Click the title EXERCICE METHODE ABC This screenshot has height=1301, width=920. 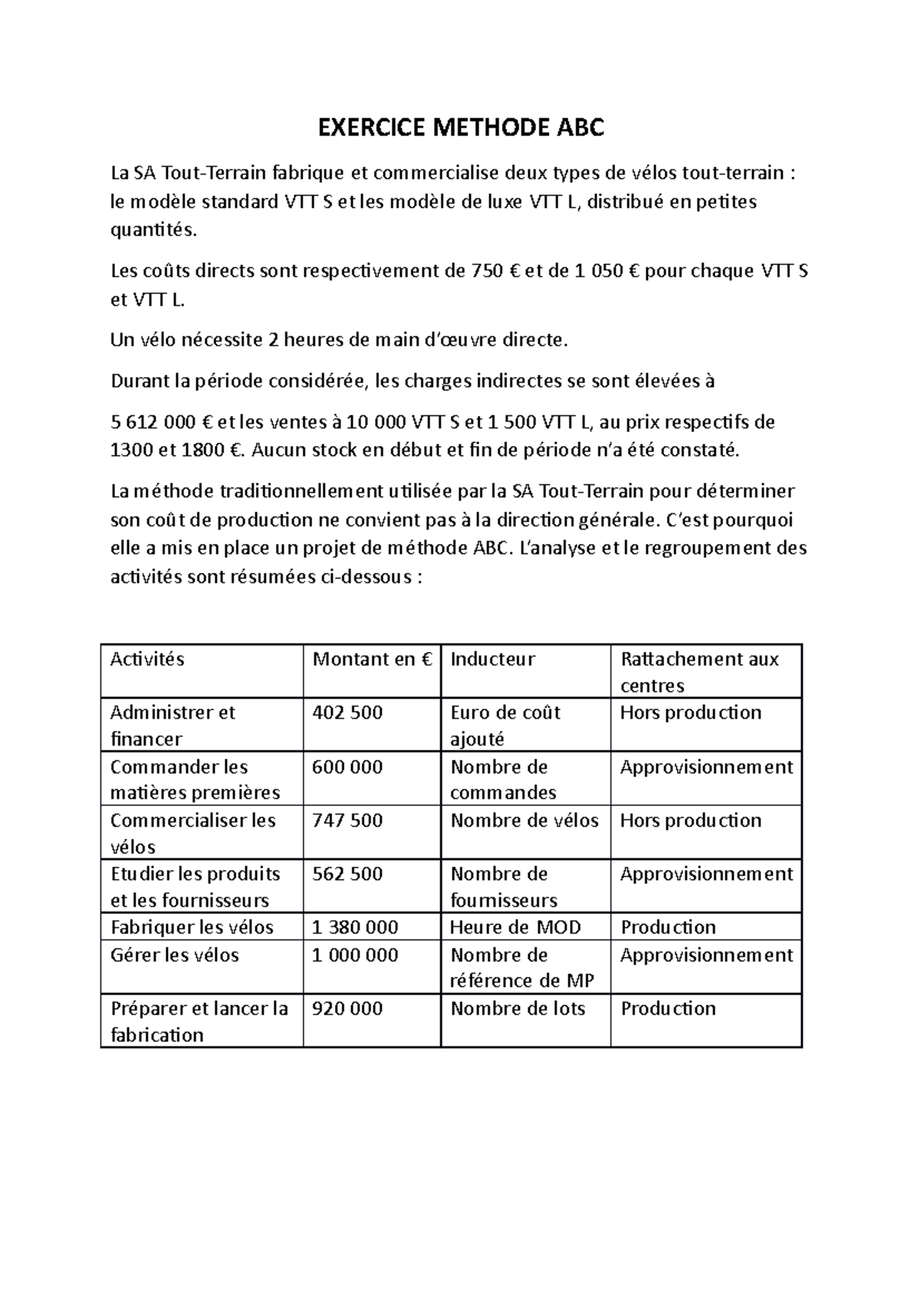461,127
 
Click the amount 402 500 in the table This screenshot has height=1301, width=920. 347,713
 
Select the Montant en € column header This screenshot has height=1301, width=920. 373,659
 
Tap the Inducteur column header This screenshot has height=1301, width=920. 492,659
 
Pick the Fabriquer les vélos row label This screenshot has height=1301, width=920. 192,927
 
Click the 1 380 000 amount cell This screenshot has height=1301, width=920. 355,927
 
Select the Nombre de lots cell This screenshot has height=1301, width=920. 517,1008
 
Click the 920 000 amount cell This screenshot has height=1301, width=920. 347,1008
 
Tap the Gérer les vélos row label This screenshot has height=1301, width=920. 175,955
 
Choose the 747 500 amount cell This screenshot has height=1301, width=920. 347,821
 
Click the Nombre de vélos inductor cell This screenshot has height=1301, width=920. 524,821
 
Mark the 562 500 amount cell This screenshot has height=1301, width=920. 347,874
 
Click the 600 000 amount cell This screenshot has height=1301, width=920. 347,767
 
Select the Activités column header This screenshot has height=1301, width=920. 147,659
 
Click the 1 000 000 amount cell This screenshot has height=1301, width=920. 355,955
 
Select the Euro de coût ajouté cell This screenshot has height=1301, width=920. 505,725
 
